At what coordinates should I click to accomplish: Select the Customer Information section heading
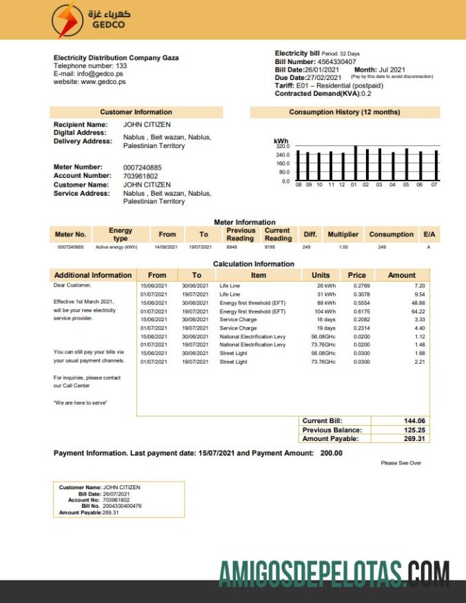coord(136,112)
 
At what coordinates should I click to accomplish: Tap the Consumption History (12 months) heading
coord(344,112)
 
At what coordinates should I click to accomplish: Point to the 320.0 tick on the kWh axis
coord(283,147)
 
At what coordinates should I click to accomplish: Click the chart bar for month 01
coord(354,163)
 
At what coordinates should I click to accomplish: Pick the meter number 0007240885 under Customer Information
coord(143,167)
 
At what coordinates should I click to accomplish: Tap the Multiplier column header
coord(343,234)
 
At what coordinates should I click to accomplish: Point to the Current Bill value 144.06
coord(414,421)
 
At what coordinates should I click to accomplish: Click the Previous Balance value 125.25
coord(414,430)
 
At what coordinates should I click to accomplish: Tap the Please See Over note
coord(401,463)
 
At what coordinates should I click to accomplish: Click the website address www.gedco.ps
coord(103,81)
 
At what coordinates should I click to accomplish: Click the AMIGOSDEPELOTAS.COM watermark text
coord(334,573)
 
